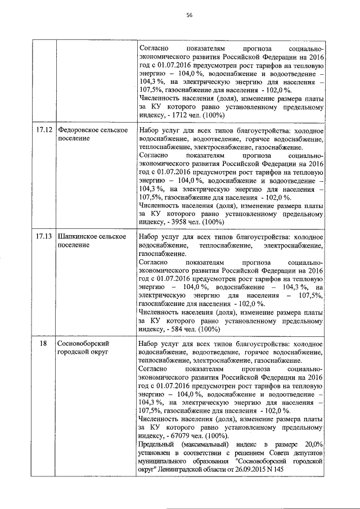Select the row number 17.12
point(44,130)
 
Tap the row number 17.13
point(44,237)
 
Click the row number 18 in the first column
point(43,343)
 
